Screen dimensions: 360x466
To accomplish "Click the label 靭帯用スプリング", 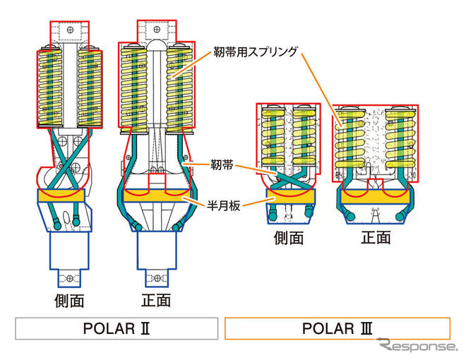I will pos(256,52).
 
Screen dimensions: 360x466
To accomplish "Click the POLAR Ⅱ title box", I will pos(116,329).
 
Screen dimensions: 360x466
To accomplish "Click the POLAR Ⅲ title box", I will pos(337,329).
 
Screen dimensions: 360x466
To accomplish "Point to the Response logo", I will pos(417,347).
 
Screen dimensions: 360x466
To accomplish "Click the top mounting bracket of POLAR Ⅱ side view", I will pos(69,32).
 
